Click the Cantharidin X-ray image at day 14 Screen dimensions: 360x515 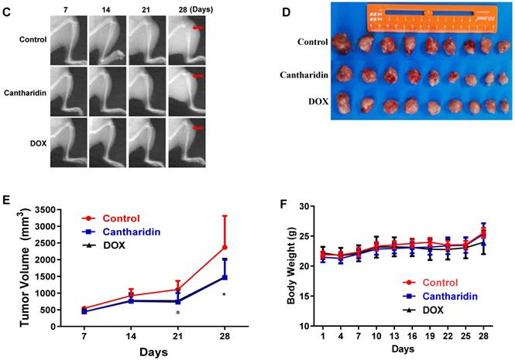(107, 91)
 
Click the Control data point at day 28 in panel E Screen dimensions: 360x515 (224, 248)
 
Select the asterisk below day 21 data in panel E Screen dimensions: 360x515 (178, 314)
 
